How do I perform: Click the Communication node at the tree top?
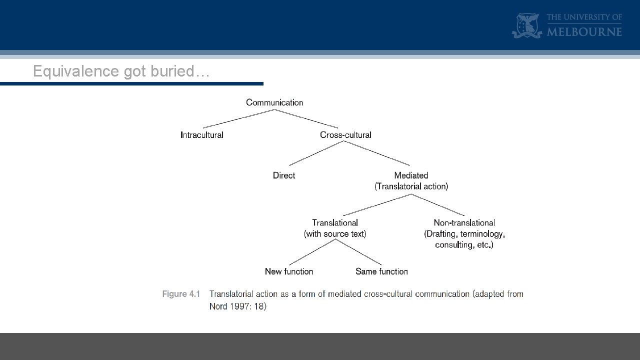coord(274,102)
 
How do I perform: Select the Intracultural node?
coord(201,135)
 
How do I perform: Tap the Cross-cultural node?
coord(345,135)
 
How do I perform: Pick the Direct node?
coord(284,175)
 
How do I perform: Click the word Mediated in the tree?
coord(411,175)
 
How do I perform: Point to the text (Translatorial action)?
coord(411,186)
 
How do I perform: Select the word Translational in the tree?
coord(335,223)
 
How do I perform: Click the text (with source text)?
coord(335,234)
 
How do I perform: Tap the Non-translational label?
coord(464,223)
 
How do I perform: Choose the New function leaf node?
coord(289,271)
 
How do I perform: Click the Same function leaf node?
coord(381,271)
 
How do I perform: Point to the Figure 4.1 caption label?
coord(181,294)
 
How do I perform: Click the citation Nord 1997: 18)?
coord(238,306)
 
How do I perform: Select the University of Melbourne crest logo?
coord(526,26)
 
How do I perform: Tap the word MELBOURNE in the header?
coord(584,32)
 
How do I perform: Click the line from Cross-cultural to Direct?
coord(315,153)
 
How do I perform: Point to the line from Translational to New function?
coord(312,252)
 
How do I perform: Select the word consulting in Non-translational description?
coord(454,245)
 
